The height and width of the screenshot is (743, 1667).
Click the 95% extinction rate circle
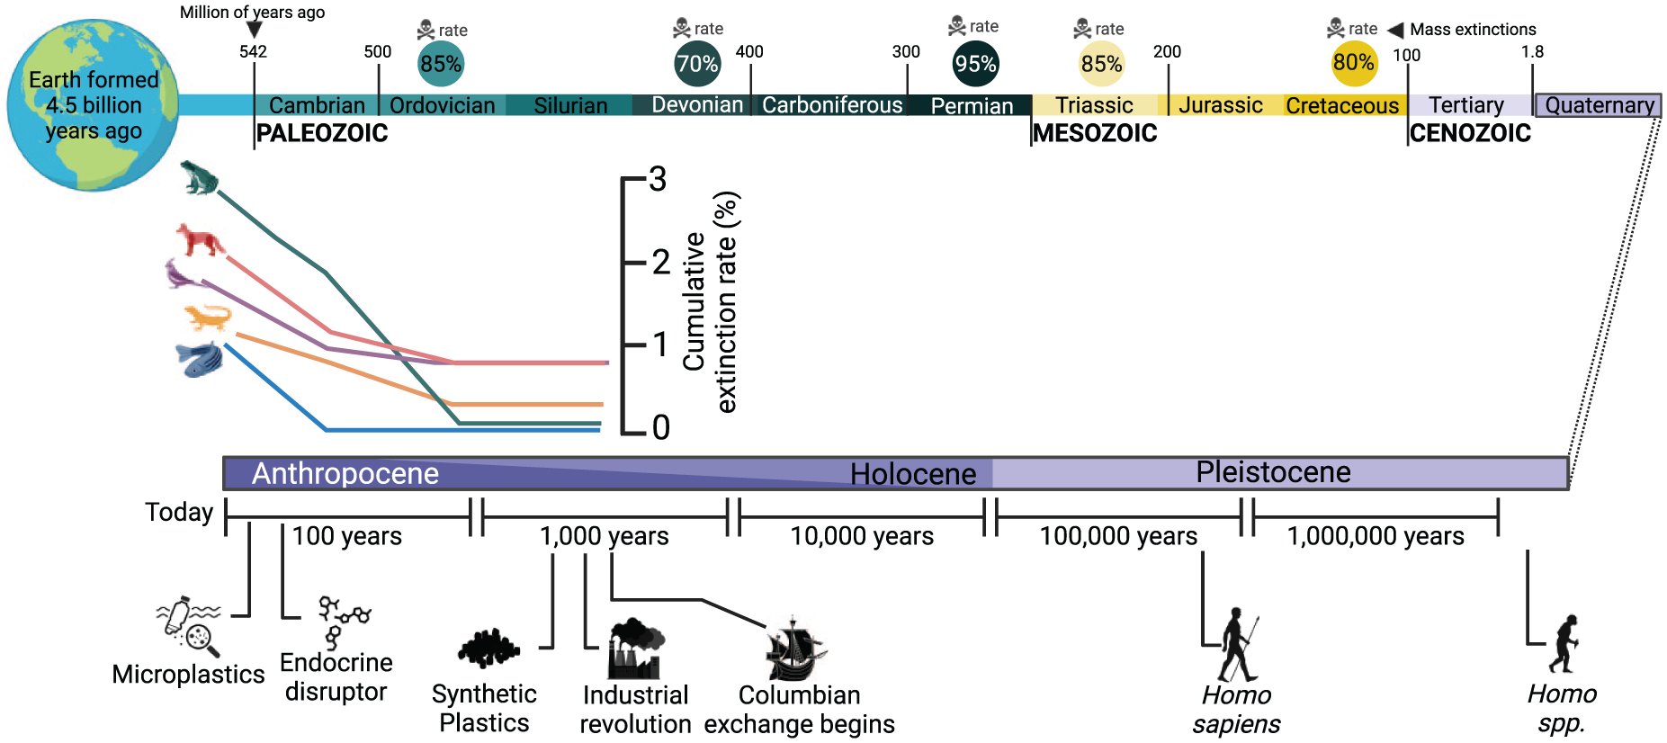pyautogui.click(x=975, y=64)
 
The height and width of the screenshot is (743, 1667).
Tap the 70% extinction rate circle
pyautogui.click(x=697, y=64)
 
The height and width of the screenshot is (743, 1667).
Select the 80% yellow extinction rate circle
pyautogui.click(x=1354, y=63)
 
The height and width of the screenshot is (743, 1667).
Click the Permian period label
pyautogui.click(x=972, y=106)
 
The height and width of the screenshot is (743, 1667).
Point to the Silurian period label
pyautogui.click(x=570, y=106)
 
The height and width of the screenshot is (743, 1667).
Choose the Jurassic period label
pyautogui.click(x=1221, y=105)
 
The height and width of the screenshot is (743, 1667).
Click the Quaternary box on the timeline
pyautogui.click(x=1598, y=105)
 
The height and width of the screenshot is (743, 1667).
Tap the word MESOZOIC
pyautogui.click(x=1095, y=133)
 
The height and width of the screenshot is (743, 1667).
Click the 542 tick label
pyautogui.click(x=253, y=51)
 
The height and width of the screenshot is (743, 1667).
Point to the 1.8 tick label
pyautogui.click(x=1532, y=51)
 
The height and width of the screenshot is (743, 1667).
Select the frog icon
pyautogui.click(x=199, y=177)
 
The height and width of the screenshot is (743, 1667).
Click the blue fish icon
pyautogui.click(x=200, y=359)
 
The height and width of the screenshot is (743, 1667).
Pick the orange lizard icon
pyautogui.click(x=208, y=318)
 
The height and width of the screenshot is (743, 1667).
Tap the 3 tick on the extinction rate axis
pyautogui.click(x=659, y=179)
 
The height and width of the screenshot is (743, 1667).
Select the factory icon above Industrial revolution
pyautogui.click(x=636, y=649)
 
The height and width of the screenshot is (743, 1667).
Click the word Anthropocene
pyautogui.click(x=345, y=473)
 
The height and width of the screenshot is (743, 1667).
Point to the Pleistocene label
pyautogui.click(x=1273, y=471)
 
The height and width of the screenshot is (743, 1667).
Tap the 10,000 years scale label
pyautogui.click(x=862, y=536)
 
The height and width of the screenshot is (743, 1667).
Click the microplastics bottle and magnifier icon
pyautogui.click(x=189, y=625)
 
